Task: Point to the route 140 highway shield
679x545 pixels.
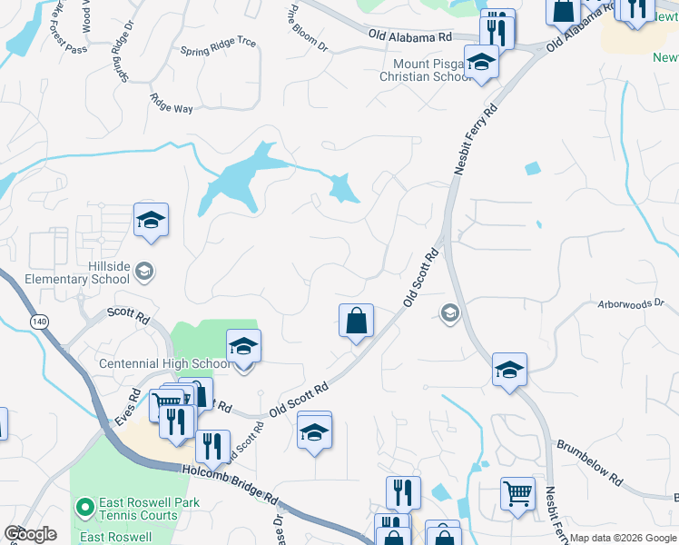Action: (39, 322)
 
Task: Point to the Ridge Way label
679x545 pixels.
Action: (172, 104)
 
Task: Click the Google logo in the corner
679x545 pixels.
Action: (30, 534)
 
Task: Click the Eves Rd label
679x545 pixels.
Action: (127, 409)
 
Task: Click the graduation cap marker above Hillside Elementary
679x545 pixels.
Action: (151, 220)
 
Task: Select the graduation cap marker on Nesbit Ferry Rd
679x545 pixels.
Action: (509, 369)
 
